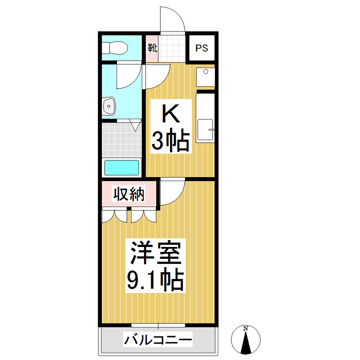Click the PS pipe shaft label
coord(201,48)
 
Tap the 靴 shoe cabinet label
coord(152,48)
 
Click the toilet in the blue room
coord(115,47)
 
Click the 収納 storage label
coord(129,194)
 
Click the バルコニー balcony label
coord(158,340)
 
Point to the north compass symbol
coord(246,340)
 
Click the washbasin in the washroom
coord(110,105)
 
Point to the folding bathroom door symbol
coord(135,125)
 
